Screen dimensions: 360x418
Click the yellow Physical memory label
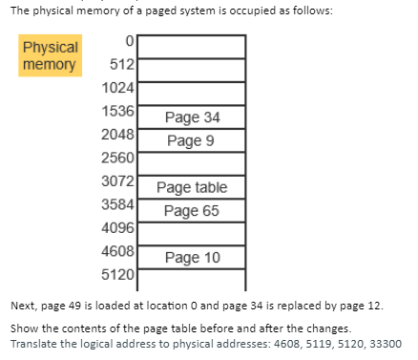coord(51,55)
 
